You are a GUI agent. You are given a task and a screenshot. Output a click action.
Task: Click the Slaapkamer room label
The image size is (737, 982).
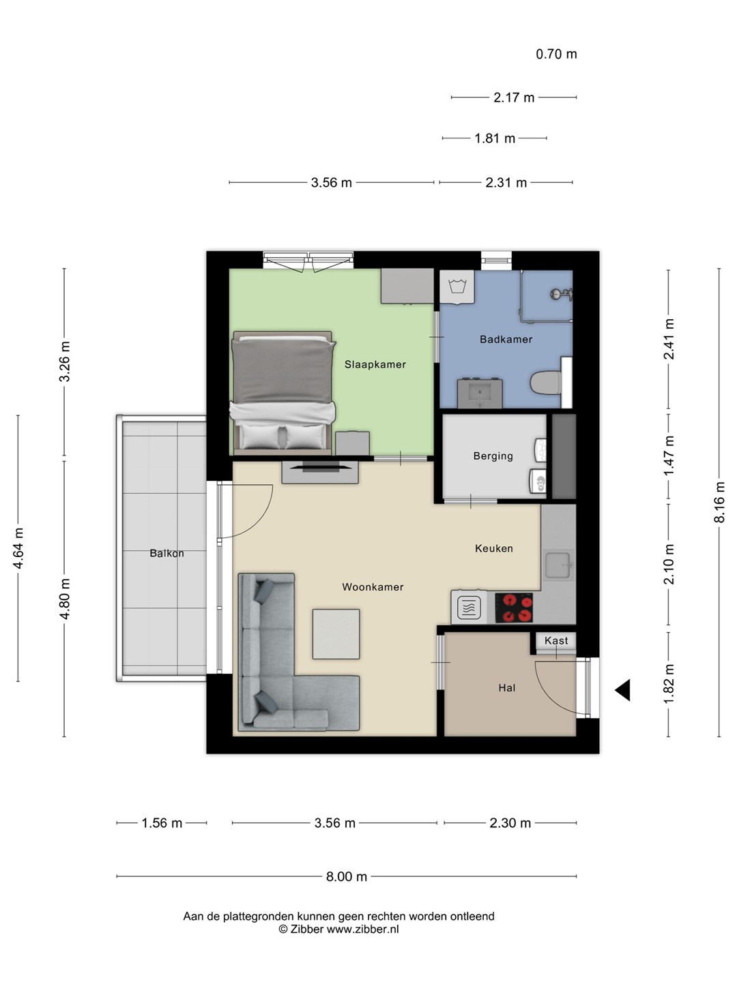tap(375, 365)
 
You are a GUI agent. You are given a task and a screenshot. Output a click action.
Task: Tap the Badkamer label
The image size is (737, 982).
tap(506, 339)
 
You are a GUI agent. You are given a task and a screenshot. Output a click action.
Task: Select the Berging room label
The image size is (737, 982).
tap(493, 456)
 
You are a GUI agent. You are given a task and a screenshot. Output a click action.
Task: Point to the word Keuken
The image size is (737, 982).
tap(494, 548)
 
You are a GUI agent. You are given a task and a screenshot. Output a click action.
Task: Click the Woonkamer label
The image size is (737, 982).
tap(373, 586)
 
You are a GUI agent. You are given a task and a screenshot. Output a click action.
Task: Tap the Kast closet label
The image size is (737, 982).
tap(556, 640)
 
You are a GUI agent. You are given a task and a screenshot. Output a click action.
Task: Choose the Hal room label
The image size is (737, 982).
tap(507, 687)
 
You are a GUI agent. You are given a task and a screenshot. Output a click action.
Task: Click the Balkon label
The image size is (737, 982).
tap(167, 553)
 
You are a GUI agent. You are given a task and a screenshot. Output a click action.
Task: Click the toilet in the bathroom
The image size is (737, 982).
tap(546, 383)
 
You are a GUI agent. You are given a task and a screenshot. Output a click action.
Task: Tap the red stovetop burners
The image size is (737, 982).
tap(513, 608)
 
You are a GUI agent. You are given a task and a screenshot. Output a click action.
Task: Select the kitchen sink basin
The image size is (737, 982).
tap(558, 565)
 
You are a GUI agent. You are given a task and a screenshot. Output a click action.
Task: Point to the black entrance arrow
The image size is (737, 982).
tap(622, 690)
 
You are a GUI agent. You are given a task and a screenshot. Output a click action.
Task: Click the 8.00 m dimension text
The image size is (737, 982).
tap(347, 876)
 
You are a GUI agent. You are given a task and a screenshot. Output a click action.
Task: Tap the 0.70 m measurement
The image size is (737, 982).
tap(556, 54)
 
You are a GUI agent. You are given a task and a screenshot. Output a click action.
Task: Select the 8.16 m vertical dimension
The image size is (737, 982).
tap(719, 502)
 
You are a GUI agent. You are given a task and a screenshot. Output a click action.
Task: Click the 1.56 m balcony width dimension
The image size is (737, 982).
tap(162, 822)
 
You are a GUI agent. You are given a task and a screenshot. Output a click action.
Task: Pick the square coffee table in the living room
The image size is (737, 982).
tap(336, 634)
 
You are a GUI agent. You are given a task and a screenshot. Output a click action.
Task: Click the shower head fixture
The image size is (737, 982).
tap(561, 294)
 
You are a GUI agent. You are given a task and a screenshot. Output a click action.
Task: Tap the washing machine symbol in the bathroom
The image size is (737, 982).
tap(457, 287)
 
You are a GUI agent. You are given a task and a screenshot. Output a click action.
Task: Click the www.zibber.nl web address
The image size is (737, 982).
tap(362, 929)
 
